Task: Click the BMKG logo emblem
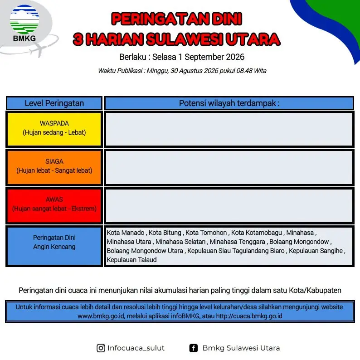click(24, 19)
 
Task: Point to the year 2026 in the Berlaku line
click(235, 57)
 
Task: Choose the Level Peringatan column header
click(54, 103)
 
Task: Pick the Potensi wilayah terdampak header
click(229, 103)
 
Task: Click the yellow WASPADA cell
click(54, 129)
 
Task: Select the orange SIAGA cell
click(54, 167)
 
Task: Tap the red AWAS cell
click(54, 205)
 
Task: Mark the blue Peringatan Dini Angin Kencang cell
click(54, 246)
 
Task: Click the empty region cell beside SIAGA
click(229, 167)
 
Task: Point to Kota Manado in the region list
click(125, 233)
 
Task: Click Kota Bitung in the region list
click(165, 233)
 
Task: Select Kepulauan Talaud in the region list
click(131, 260)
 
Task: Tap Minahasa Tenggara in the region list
click(238, 242)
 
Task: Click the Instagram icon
click(101, 348)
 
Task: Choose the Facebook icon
click(193, 348)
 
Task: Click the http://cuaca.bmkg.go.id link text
click(249, 316)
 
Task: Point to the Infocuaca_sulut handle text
click(136, 348)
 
